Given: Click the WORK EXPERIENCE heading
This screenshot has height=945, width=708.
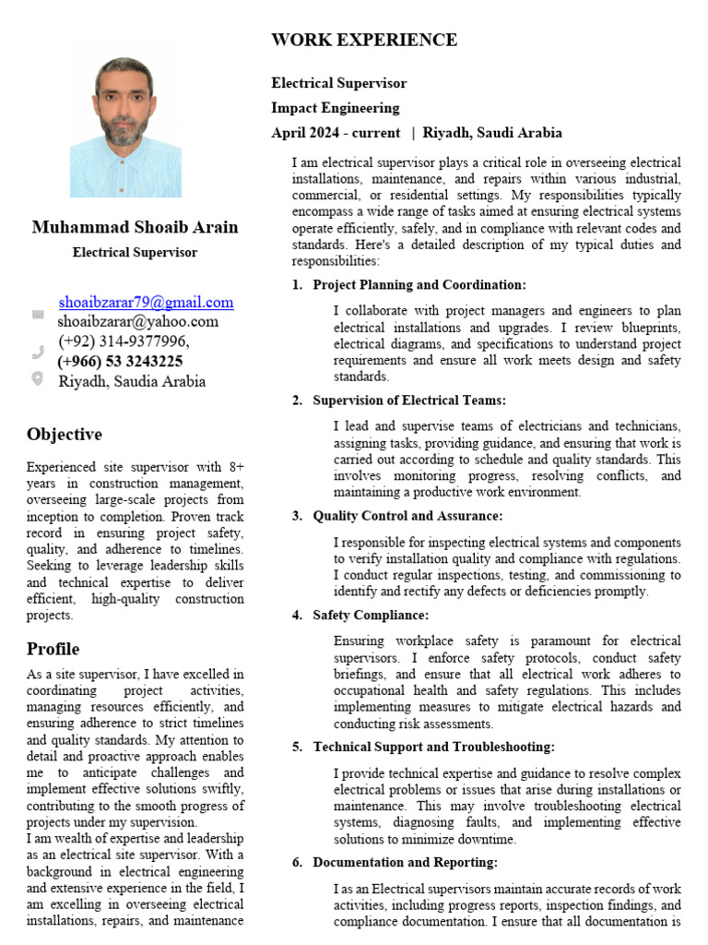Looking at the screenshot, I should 363,40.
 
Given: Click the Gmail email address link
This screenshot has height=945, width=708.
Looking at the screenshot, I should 146,302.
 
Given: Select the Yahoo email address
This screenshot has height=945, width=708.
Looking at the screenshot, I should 137,321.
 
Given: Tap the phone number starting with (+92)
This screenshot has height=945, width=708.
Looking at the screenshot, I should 124,341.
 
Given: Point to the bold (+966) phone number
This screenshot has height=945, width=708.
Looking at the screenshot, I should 120,361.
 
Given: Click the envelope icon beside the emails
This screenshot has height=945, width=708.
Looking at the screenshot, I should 38,314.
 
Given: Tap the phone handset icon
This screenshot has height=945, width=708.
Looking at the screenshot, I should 38,351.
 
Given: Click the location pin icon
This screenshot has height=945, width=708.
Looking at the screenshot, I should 38,378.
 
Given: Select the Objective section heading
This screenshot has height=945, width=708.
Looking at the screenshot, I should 65,434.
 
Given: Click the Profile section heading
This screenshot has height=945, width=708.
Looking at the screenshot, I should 53,649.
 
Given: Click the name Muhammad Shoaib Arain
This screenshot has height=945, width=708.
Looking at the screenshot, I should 135,227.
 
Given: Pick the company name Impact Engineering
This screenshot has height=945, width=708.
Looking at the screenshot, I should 336,108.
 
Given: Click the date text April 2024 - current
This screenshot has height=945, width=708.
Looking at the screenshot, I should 336,133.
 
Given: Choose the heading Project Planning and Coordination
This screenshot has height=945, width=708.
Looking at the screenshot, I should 419,285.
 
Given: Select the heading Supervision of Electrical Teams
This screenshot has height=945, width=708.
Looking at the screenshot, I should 409,401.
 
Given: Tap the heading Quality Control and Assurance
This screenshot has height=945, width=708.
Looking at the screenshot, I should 407,516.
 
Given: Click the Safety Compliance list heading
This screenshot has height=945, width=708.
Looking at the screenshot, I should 371,615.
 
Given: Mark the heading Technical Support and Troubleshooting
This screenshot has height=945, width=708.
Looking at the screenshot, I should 433,747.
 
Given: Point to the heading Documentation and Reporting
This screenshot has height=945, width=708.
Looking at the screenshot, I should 405,862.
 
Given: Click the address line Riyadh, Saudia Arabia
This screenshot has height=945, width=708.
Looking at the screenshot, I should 132,381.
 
